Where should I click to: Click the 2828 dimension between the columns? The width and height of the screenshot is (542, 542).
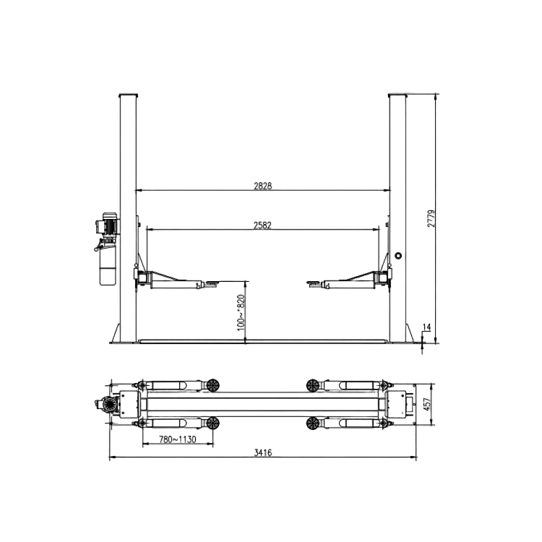click(x=262, y=186)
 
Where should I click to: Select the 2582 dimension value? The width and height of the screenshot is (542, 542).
click(x=262, y=225)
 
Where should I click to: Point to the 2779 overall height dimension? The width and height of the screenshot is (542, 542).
click(x=431, y=218)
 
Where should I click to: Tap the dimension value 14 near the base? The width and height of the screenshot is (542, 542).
click(x=426, y=328)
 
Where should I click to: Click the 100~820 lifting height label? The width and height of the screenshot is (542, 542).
click(x=241, y=312)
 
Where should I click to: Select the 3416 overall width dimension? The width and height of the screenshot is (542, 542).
click(x=263, y=453)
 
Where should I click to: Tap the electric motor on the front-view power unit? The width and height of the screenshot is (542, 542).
click(x=108, y=224)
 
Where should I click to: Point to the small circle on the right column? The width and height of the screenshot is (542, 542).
click(x=398, y=254)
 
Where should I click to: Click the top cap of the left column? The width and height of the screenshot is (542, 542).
click(x=128, y=95)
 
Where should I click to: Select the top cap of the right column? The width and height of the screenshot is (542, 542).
click(x=397, y=95)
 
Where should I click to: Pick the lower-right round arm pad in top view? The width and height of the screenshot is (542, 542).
click(x=313, y=423)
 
